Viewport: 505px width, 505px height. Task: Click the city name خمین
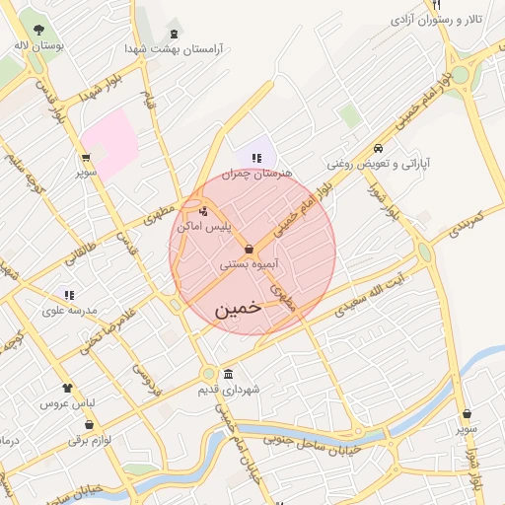(239, 308)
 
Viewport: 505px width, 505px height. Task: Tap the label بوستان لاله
(40, 45)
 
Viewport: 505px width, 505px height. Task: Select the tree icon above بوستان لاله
(38, 30)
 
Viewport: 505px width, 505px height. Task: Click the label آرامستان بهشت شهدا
(174, 48)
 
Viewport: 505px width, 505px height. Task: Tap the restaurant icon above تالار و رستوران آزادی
(435, 4)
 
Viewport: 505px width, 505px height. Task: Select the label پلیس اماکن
(204, 226)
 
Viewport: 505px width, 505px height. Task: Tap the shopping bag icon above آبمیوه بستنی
(249, 249)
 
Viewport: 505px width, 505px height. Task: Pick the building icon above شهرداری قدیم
(229, 374)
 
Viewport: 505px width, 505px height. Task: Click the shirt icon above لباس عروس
(67, 388)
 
